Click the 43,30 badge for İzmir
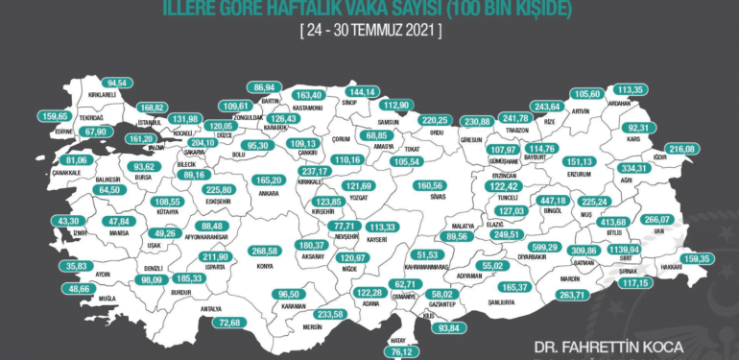click(44, 221)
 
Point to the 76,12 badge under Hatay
click(407, 351)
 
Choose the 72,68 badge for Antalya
click(229, 323)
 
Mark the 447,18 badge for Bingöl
click(555, 201)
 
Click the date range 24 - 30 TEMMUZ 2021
click(370, 30)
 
